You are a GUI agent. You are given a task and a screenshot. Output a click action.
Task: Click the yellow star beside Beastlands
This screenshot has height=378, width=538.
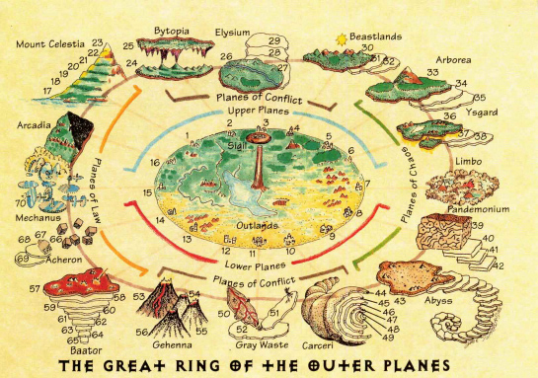[x=343, y=38]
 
